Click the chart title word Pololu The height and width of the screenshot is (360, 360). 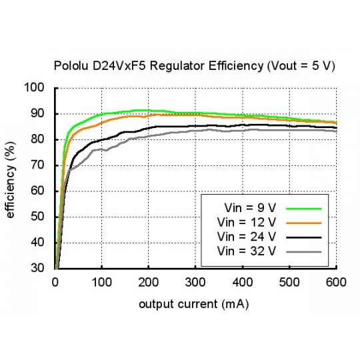(x=69, y=67)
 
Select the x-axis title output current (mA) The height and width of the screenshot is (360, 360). (x=195, y=304)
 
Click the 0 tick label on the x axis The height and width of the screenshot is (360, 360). (x=55, y=282)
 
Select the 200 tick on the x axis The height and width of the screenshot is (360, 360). (x=149, y=282)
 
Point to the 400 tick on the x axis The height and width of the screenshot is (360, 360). (x=242, y=282)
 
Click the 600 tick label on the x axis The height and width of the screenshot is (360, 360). (x=335, y=282)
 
